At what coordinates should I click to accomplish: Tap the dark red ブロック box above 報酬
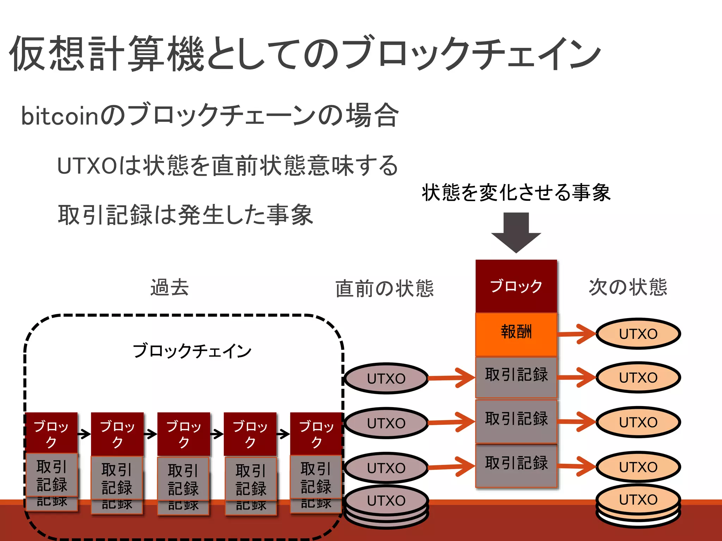point(516,286)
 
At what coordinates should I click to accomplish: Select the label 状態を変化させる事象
point(516,193)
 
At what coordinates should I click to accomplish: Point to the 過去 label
point(170,287)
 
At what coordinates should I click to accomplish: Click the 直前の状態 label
point(384,288)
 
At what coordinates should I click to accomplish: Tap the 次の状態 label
point(628,287)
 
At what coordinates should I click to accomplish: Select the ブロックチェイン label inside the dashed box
point(192,351)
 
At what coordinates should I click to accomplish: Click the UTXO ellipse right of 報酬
point(638,334)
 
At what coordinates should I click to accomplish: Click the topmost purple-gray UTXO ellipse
point(386,379)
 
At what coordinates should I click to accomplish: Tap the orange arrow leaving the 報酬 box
point(577,334)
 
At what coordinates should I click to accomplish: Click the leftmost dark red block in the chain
point(51,434)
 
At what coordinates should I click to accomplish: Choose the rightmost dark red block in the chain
point(316,434)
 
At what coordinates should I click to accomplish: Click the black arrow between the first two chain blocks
point(84,434)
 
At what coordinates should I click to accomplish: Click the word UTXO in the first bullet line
point(87,166)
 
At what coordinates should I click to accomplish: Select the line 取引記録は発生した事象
point(185,214)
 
